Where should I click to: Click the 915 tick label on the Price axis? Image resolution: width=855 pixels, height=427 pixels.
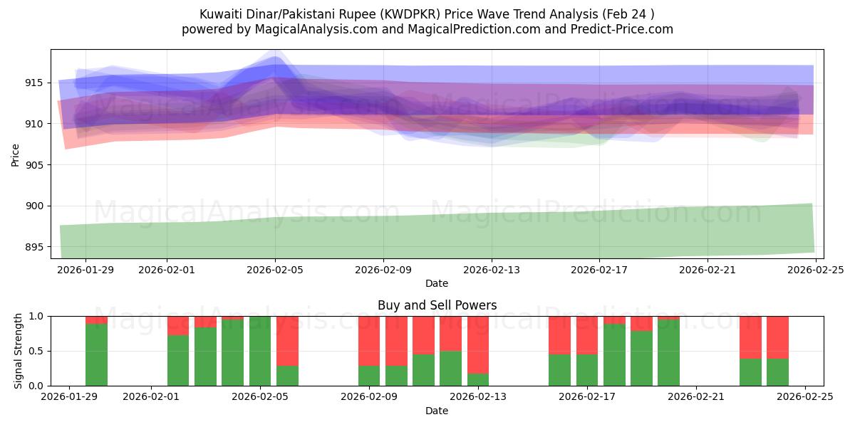[33, 83]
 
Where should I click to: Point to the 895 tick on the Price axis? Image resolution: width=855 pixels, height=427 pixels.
[33, 247]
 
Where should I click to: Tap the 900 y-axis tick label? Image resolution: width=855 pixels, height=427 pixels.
[33, 206]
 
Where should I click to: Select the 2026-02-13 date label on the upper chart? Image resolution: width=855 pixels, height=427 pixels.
[491, 270]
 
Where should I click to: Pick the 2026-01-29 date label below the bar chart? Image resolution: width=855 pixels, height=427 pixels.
[69, 397]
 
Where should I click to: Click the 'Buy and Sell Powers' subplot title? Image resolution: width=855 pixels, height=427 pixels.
[437, 305]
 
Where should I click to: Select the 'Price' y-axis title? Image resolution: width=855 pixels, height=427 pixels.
[16, 154]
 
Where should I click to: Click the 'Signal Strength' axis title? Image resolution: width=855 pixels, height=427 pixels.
[19, 351]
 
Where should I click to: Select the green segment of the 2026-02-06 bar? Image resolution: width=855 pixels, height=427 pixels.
[287, 376]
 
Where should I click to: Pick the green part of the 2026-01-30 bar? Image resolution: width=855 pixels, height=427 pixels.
[96, 354]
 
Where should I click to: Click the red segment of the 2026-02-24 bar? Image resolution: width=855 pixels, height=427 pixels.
[777, 337]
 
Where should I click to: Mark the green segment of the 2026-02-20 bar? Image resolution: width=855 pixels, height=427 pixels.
[668, 352]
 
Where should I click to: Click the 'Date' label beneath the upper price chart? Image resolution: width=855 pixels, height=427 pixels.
[437, 283]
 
